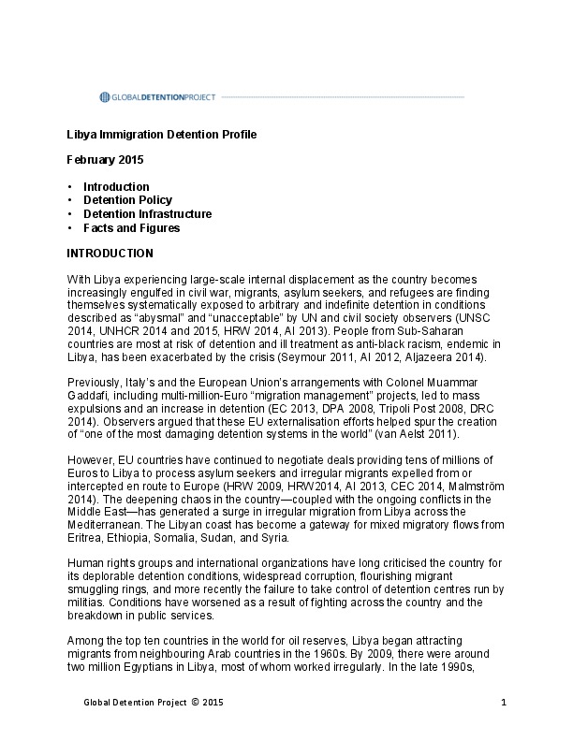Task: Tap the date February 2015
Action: tap(106, 161)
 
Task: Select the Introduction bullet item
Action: tap(116, 186)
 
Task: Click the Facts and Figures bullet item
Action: tap(131, 227)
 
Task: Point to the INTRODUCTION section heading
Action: tap(110, 254)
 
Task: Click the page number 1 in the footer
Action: tap(504, 703)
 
